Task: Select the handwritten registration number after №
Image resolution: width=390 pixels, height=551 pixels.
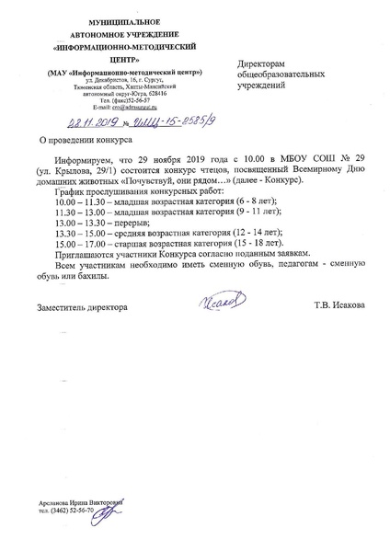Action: click(148, 123)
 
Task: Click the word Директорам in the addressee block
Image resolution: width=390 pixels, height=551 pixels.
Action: click(262, 56)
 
